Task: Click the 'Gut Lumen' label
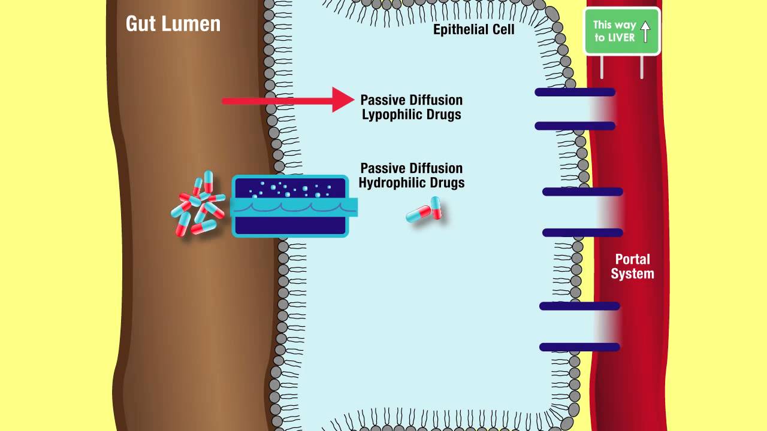(x=173, y=24)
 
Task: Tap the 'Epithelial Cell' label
(x=473, y=29)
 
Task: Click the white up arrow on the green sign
(x=645, y=31)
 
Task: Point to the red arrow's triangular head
(x=343, y=100)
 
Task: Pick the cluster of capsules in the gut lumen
(x=198, y=204)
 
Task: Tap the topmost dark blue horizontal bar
(x=575, y=92)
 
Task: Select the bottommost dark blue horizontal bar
(x=579, y=347)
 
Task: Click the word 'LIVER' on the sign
(x=622, y=38)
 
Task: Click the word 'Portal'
(x=632, y=260)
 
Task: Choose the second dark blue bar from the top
(x=575, y=126)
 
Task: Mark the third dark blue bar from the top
(x=582, y=192)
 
